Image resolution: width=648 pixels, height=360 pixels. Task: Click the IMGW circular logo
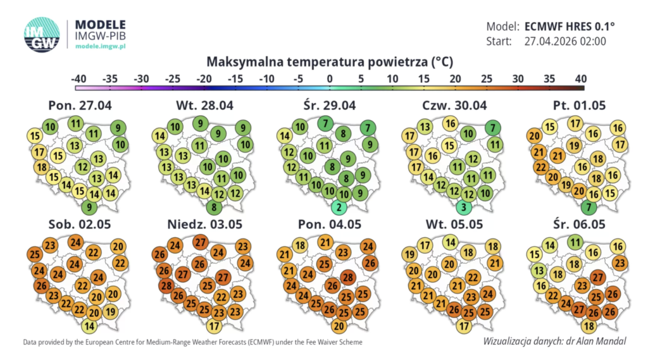point(42,34)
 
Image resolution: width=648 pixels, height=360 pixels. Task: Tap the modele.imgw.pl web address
point(101,46)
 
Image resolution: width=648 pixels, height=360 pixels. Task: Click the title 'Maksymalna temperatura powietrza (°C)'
point(330,62)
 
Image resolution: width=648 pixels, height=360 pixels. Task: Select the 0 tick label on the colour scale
point(330,78)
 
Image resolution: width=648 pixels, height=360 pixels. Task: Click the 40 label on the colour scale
point(580,78)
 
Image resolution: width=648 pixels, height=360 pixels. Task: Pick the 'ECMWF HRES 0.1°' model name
point(570,27)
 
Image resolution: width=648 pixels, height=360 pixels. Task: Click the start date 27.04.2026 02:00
point(566,42)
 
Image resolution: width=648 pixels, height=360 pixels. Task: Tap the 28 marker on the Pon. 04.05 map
point(347,277)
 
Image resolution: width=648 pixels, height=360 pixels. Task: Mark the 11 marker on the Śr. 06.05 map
point(575,241)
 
